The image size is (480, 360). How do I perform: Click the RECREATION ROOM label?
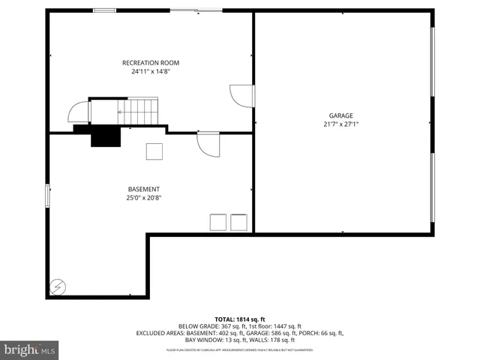pos(151,63)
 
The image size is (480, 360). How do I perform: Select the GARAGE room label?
pos(340,115)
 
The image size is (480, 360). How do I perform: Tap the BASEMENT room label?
pos(143,189)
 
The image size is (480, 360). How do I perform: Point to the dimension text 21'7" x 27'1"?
pos(340,124)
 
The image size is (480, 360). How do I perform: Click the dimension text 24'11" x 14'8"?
pos(151,72)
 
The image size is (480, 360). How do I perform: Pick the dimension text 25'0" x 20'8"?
pos(143,198)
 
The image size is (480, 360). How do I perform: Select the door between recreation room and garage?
pos(242,96)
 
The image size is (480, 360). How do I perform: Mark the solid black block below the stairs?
pos(106,136)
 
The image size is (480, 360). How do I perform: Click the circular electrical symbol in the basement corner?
pos(57,286)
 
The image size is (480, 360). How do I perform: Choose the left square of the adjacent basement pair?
pos(217,222)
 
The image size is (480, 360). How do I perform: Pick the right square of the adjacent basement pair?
pos(239,222)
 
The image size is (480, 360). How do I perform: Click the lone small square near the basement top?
pos(154,151)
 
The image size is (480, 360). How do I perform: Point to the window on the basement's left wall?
pos(48,196)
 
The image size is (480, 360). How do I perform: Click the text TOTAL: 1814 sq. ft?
pos(239,319)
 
